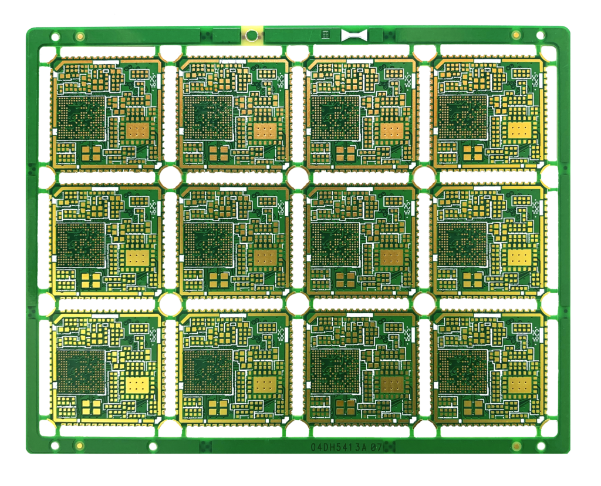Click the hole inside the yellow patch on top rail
(251, 35)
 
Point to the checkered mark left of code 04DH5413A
(206, 447)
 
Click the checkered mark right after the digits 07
(389, 447)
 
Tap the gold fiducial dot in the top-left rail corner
(79, 36)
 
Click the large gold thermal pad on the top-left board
(139, 130)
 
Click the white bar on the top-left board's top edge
(106, 61)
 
